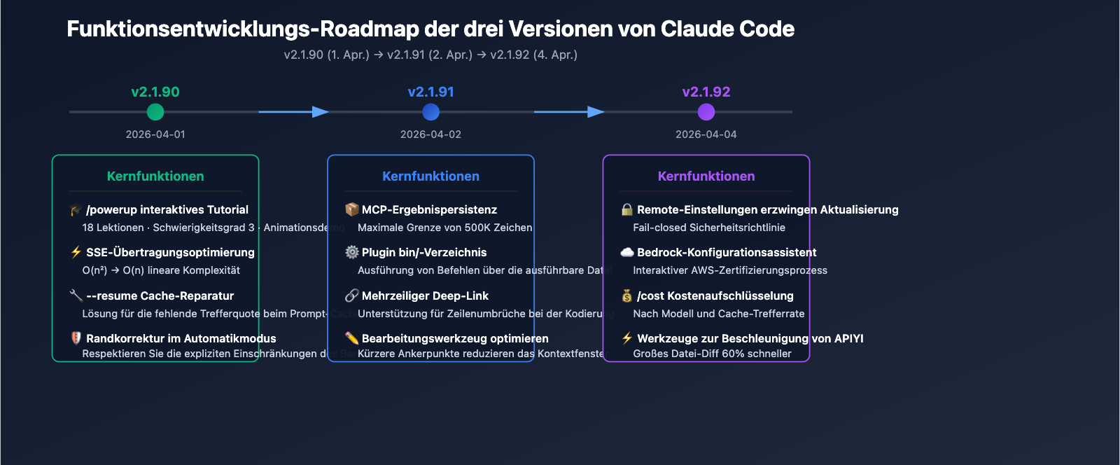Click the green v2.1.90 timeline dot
click(x=155, y=112)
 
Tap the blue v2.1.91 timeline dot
click(x=431, y=112)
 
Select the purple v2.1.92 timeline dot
click(x=706, y=112)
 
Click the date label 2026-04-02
click(x=430, y=134)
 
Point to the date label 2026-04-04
click(x=706, y=134)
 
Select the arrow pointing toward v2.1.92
click(x=569, y=112)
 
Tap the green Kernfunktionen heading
click(x=155, y=176)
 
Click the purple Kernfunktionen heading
click(x=706, y=176)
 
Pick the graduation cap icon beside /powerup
click(x=76, y=210)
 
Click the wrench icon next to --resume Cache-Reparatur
click(x=76, y=296)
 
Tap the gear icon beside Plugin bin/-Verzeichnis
click(x=351, y=252)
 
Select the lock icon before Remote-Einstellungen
click(x=627, y=210)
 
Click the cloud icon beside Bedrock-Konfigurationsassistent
click(x=627, y=252)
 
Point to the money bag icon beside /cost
click(x=627, y=296)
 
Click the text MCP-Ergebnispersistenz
click(x=429, y=210)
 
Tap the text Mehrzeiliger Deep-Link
click(x=425, y=296)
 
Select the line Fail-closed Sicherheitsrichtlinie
click(x=708, y=228)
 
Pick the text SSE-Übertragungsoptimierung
click(x=170, y=252)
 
